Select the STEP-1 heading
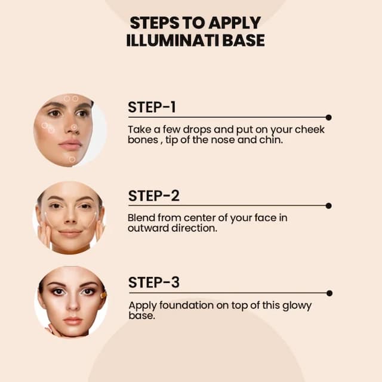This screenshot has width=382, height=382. tap(152, 107)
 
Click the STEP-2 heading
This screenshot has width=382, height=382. tap(154, 196)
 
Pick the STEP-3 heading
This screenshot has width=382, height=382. tap(154, 282)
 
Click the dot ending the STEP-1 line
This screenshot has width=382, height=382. tap(329, 118)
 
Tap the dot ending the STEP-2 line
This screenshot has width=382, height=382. tap(329, 206)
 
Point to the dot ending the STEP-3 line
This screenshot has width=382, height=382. tap(329, 293)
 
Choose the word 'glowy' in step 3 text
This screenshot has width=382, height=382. tap(297, 306)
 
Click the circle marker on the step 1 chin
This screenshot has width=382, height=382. tap(72, 159)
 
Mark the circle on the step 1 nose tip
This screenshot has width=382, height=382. tap(74, 127)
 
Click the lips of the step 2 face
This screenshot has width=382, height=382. tap(70, 233)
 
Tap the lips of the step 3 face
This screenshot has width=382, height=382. tap(73, 321)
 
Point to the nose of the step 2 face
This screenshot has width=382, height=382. tap(70, 217)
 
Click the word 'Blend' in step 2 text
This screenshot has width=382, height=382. tap(141, 217)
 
